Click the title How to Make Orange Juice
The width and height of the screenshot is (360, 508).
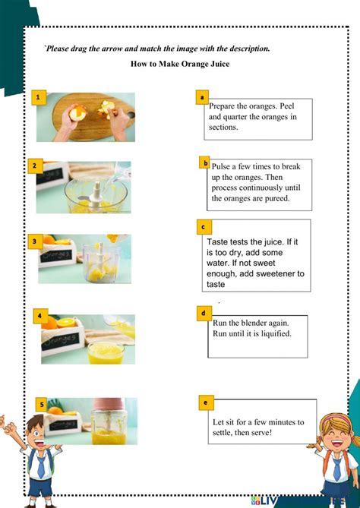180,64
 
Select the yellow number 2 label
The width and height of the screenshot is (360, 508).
35,165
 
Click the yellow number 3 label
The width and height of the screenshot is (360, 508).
35,241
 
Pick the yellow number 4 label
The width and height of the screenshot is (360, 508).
39,314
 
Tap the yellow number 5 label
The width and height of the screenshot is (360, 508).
42,404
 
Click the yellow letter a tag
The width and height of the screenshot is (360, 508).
202,97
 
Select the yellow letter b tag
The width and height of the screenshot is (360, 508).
205,162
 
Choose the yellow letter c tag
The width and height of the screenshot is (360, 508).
203,226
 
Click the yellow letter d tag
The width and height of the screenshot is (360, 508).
204,312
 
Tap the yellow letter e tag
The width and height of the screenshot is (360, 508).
206,402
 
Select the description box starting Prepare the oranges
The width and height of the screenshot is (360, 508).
248,118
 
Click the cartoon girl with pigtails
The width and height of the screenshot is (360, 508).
333,456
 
